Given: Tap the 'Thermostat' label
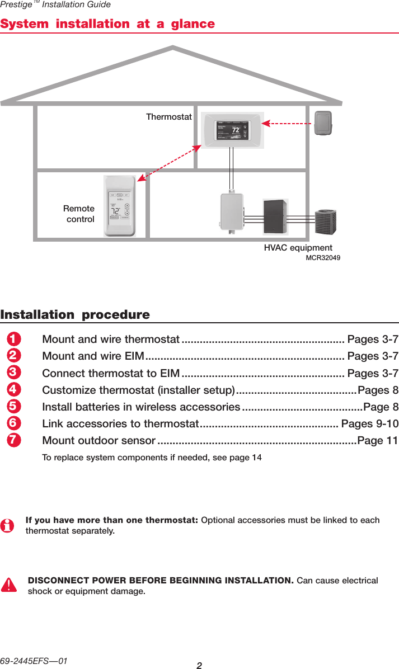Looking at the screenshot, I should (169, 117).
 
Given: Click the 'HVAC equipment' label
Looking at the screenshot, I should (298, 248).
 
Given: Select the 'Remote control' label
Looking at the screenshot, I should (79, 214).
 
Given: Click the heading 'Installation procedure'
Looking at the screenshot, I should (75, 315).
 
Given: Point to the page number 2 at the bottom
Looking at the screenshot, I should (199, 665).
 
